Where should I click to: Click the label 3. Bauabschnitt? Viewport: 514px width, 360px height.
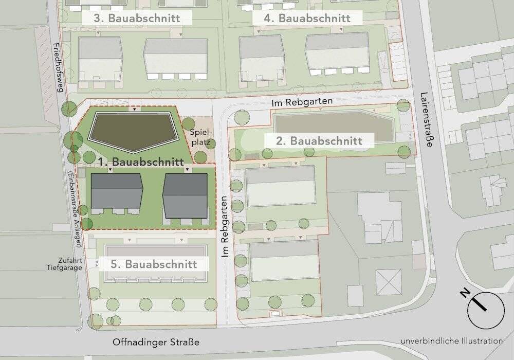pyautogui.click(x=137, y=19)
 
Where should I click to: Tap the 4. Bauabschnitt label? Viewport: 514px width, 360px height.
pyautogui.click(x=307, y=19)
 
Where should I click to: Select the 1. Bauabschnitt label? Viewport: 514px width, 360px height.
pyautogui.click(x=141, y=161)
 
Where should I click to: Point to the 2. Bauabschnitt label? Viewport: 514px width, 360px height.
pyautogui.click(x=319, y=140)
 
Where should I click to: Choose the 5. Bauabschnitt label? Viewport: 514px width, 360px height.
pyautogui.click(x=154, y=264)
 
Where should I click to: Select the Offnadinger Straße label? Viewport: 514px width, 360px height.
pyautogui.click(x=156, y=343)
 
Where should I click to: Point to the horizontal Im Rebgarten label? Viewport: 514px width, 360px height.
pyautogui.click(x=302, y=102)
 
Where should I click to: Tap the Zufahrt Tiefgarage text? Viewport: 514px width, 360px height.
pyautogui.click(x=64, y=264)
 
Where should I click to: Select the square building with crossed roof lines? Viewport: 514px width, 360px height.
pyautogui.click(x=389, y=281)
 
